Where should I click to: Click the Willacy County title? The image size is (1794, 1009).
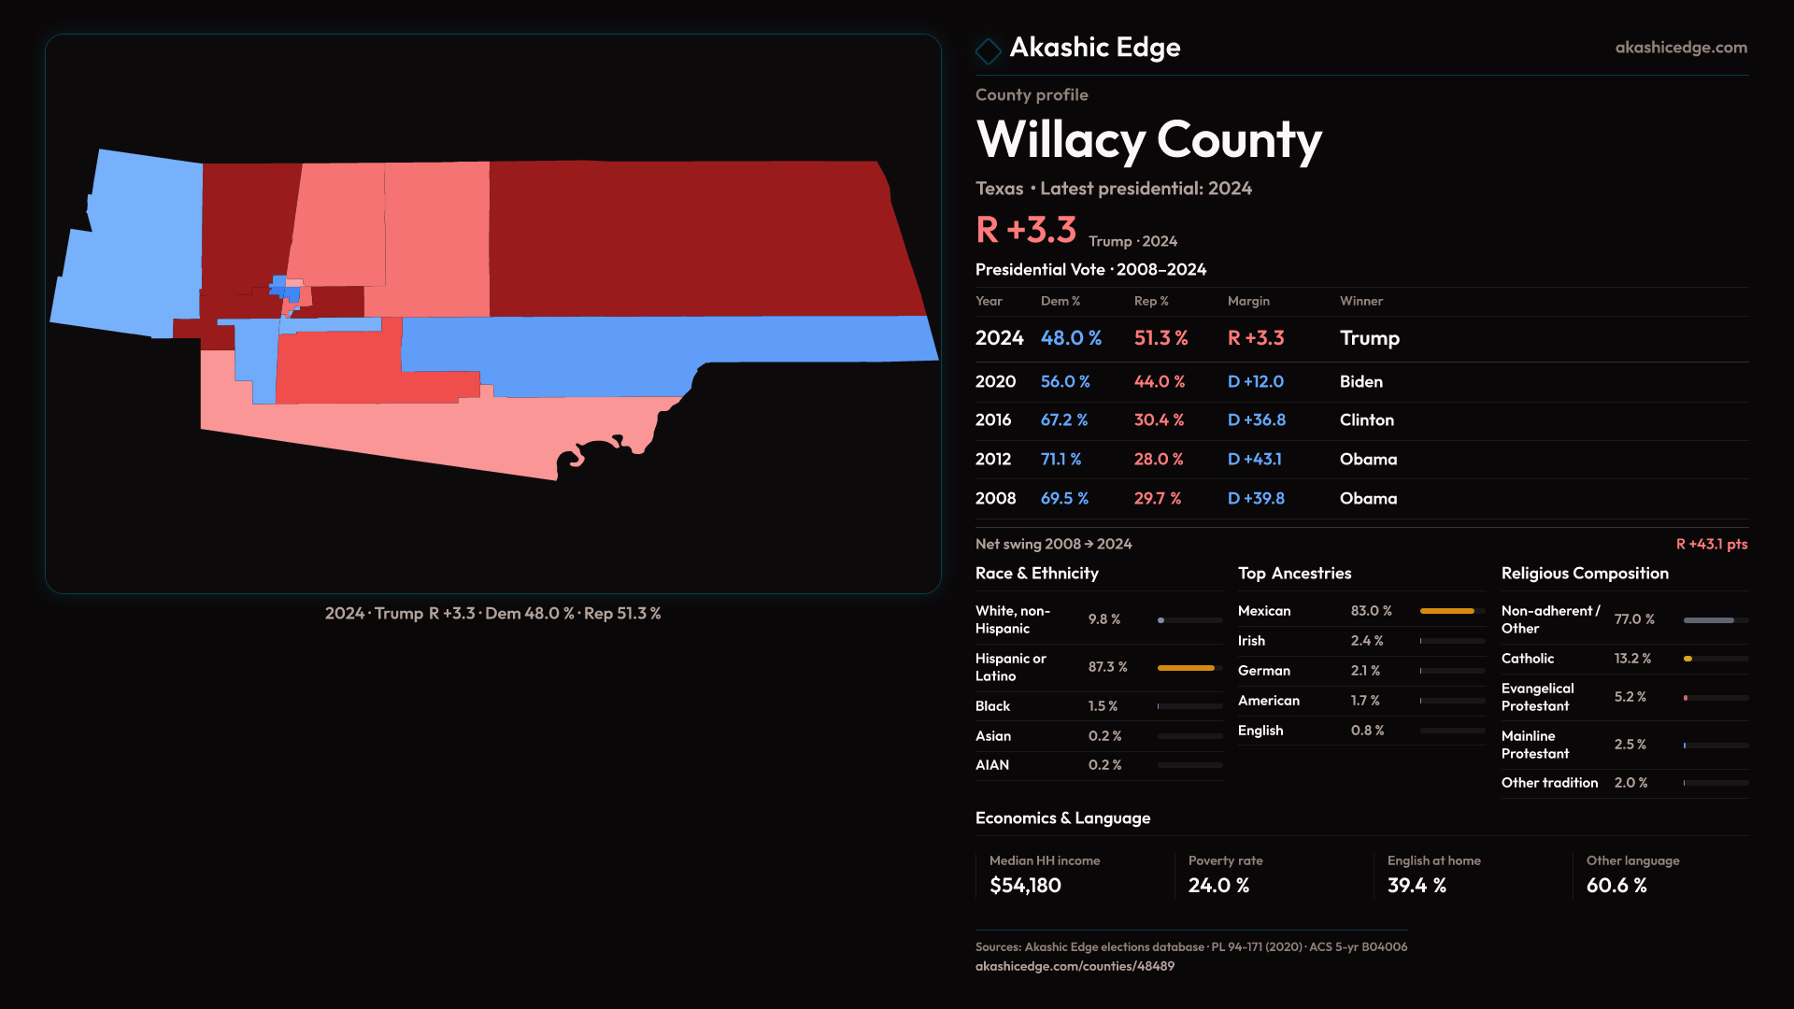coord(1148,140)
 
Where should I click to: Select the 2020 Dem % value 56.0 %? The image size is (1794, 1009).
coord(1065,382)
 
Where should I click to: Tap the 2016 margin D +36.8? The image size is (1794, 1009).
coord(1256,420)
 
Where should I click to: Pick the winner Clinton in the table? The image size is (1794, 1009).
coord(1366,420)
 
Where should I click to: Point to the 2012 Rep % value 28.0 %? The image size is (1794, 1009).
coord(1159,460)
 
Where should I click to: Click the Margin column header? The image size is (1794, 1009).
coord(1248,301)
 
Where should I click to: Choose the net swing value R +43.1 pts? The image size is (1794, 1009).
coord(1711,544)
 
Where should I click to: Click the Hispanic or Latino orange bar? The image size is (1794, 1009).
coord(1186,668)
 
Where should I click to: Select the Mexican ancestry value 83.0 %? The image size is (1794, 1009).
coord(1371,611)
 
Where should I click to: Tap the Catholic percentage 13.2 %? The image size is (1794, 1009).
coord(1632,659)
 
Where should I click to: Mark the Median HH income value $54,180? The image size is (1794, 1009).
coord(1025,886)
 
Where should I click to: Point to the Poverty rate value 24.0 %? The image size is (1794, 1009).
coord(1218,886)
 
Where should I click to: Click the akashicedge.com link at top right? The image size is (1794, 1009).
coord(1680,48)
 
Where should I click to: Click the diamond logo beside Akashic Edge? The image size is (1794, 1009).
coord(988,50)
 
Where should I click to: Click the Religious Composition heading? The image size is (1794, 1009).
coord(1585,574)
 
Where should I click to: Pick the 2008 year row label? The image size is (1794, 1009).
coord(995,499)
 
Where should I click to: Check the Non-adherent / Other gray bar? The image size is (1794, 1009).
coord(1708,620)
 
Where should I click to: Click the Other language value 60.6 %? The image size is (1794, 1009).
coord(1616,886)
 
